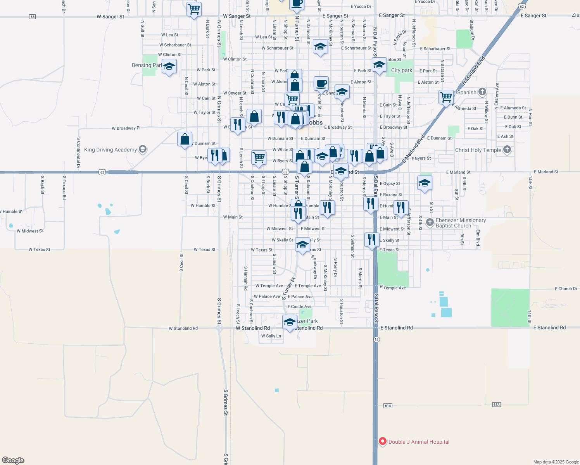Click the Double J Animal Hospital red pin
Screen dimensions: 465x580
click(383, 441)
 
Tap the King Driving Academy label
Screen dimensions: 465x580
click(110, 150)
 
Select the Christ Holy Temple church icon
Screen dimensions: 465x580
click(507, 150)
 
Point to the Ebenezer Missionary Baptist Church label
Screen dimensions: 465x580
click(461, 223)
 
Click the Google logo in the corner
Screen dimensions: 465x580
click(13, 460)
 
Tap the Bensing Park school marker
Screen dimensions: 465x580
click(169, 67)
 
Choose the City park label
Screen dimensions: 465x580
click(402, 70)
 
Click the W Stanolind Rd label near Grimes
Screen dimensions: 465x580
click(183, 328)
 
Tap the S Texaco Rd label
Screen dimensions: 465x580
click(64, 187)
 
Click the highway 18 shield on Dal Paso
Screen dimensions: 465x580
click(377, 339)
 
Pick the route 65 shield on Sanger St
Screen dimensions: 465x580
click(32, 17)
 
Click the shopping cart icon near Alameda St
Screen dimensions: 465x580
click(446, 97)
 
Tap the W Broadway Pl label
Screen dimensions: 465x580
click(126, 128)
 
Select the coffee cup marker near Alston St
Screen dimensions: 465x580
click(321, 83)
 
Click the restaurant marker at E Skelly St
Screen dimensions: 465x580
click(372, 240)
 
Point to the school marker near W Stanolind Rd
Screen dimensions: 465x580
click(290, 322)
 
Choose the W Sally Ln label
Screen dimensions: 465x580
click(271, 336)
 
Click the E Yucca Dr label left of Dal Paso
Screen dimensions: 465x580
click(361, 7)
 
